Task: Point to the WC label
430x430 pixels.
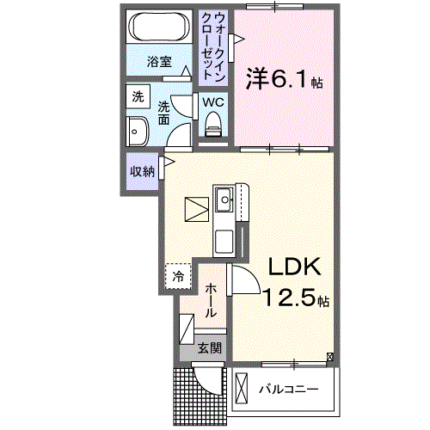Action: (x=212, y=102)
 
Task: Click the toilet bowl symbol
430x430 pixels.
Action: (x=212, y=127)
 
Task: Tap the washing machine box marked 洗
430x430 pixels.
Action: (x=138, y=98)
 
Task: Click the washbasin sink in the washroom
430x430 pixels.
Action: (x=138, y=132)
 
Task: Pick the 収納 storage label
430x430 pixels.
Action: (x=142, y=170)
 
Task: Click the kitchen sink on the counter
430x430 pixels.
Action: (x=225, y=200)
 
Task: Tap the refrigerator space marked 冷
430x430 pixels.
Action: (x=177, y=276)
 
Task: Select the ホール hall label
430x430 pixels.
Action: (x=210, y=298)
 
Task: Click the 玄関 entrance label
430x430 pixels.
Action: (x=210, y=348)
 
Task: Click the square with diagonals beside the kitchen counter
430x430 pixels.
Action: (x=197, y=208)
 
